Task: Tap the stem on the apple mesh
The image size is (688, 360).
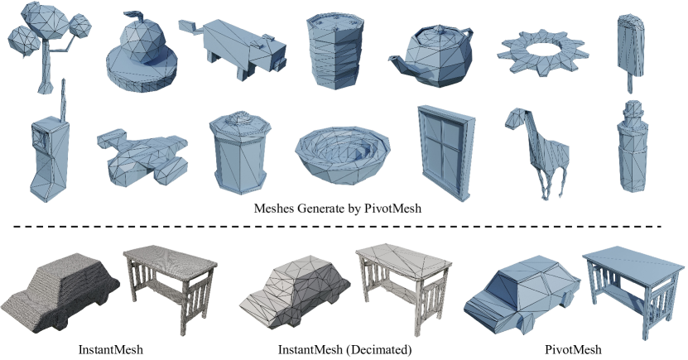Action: pos(138,17)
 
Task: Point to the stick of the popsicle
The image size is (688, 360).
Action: pos(630,83)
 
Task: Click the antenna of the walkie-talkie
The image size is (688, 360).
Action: pos(63,98)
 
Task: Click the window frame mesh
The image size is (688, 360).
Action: pos(446,151)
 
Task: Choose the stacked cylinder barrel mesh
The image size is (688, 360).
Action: pos(335,50)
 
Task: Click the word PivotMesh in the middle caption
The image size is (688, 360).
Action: pos(392,209)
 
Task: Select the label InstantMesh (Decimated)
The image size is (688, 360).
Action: pos(345,350)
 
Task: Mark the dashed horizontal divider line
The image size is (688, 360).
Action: pos(337,227)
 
